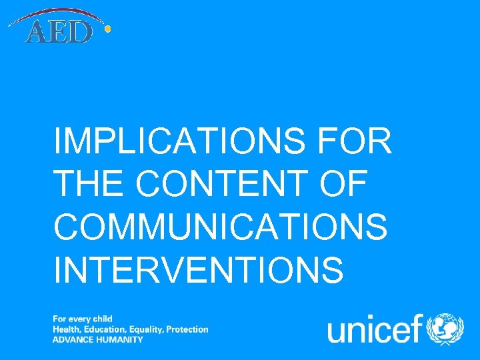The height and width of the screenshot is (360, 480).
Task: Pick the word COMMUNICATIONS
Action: [221, 227]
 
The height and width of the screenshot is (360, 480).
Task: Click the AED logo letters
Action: [58, 31]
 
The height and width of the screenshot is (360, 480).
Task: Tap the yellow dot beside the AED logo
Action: [107, 29]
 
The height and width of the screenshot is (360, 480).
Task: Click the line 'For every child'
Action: [83, 319]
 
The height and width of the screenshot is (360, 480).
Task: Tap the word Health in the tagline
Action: [66, 329]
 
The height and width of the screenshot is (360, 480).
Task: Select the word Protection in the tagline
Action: [187, 329]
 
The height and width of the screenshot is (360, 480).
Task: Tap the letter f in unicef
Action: [417, 327]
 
